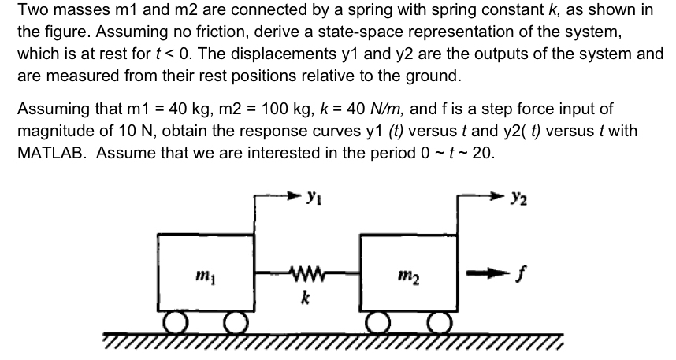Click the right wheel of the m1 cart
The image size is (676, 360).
click(232, 323)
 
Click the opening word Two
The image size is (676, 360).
click(31, 12)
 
